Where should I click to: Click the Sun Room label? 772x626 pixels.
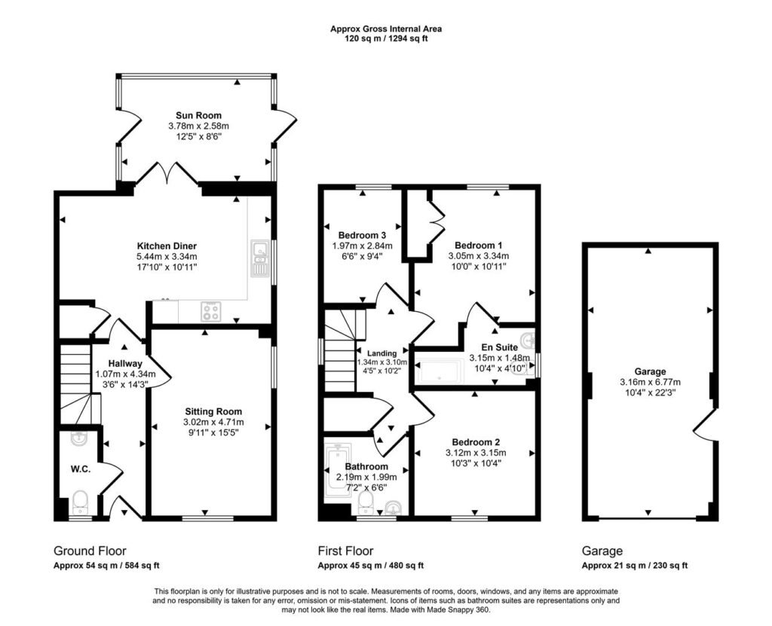point(198,116)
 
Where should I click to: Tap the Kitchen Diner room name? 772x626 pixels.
point(167,246)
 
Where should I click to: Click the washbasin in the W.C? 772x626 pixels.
point(78,438)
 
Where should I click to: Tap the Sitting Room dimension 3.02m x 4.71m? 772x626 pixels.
point(213,422)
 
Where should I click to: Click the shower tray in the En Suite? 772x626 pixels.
point(440,371)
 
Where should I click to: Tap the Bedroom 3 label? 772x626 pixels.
point(362,235)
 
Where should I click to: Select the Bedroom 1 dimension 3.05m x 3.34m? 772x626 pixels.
point(479,256)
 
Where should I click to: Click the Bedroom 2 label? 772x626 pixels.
point(476,442)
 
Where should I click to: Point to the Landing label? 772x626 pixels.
point(382,353)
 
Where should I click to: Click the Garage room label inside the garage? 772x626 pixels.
point(650,371)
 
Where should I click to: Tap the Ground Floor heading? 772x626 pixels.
point(90,551)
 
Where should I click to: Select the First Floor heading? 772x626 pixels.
point(345,551)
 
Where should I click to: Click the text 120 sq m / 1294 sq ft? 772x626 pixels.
point(385,38)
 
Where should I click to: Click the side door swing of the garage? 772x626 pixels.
point(705,424)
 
